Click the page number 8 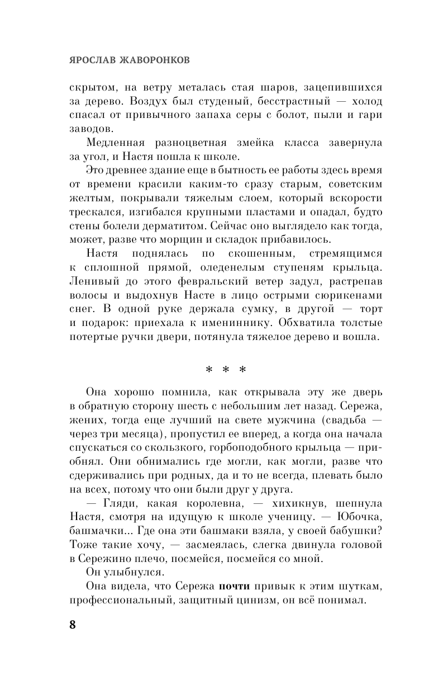(x=73, y=625)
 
